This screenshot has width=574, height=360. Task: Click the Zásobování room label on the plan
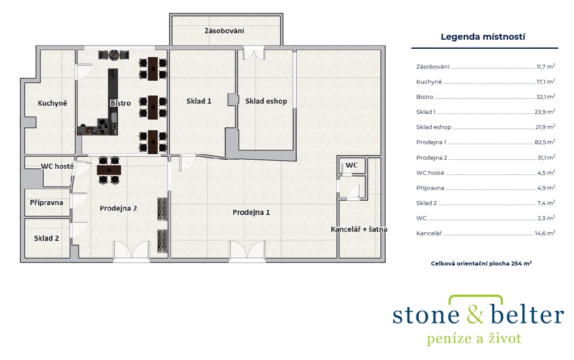click(x=224, y=31)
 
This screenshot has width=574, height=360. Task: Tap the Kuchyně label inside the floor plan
click(x=52, y=103)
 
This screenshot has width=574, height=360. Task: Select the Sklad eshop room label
click(x=266, y=101)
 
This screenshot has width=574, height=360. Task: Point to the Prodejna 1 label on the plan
click(x=251, y=213)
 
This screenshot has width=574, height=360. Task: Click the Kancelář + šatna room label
click(x=359, y=229)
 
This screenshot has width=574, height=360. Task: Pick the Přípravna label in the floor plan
click(x=47, y=202)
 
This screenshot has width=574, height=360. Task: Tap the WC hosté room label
click(x=57, y=167)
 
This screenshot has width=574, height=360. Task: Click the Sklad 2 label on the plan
click(x=47, y=238)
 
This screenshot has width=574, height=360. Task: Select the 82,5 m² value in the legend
click(x=545, y=142)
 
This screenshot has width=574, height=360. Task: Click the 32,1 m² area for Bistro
click(x=545, y=96)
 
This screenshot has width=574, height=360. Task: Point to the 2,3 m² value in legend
click(x=546, y=218)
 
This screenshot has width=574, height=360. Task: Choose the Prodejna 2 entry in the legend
click(x=432, y=158)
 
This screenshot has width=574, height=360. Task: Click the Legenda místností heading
click(x=483, y=36)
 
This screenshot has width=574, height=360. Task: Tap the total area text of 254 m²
click(x=482, y=264)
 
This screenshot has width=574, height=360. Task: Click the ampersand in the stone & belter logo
click(x=475, y=315)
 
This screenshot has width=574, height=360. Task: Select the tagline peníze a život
click(x=474, y=338)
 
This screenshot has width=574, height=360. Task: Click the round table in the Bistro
click(x=114, y=56)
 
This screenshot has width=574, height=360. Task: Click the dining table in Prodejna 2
click(x=109, y=170)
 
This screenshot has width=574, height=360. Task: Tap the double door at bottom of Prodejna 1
click(x=247, y=250)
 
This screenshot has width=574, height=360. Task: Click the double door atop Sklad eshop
click(x=254, y=53)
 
